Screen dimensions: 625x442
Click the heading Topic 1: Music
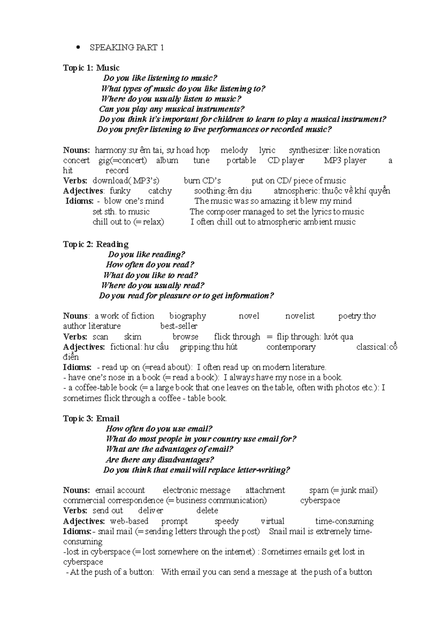tap(91, 68)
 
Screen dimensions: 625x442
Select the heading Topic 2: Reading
tap(95, 244)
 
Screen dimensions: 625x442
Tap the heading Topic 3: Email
tap(91, 419)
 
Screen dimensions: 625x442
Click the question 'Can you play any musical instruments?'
tap(172, 109)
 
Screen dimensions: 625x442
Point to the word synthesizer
tap(309, 150)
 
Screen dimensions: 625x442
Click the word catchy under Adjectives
tap(160, 191)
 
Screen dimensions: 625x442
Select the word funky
tap(120, 191)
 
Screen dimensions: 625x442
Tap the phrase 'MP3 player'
tap(345, 160)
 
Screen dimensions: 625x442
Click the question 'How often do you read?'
tap(150, 265)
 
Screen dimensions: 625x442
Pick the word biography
tap(187, 316)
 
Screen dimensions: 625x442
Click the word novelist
tap(300, 316)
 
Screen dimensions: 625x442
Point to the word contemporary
tap(291, 347)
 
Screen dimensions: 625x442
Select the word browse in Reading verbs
tap(185, 337)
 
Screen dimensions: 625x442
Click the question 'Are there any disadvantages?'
tap(160, 460)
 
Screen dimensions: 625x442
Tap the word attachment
tap(265, 490)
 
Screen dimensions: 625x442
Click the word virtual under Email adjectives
tap(272, 521)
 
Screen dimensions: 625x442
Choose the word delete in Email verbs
tap(207, 511)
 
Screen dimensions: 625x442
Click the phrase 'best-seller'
tap(179, 326)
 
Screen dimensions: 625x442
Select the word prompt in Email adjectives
tap(174, 521)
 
